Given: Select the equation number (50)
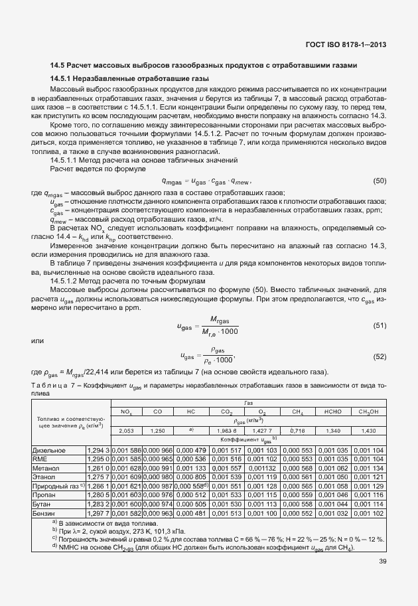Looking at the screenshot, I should (380, 181).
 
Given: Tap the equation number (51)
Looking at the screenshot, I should (380, 326).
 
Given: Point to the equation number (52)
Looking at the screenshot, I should (380, 356).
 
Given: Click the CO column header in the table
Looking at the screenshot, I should (157, 412).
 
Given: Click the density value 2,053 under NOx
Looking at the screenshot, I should (126, 431).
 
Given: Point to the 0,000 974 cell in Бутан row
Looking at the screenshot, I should (158, 504).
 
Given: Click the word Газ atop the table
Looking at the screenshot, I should (248, 402).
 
